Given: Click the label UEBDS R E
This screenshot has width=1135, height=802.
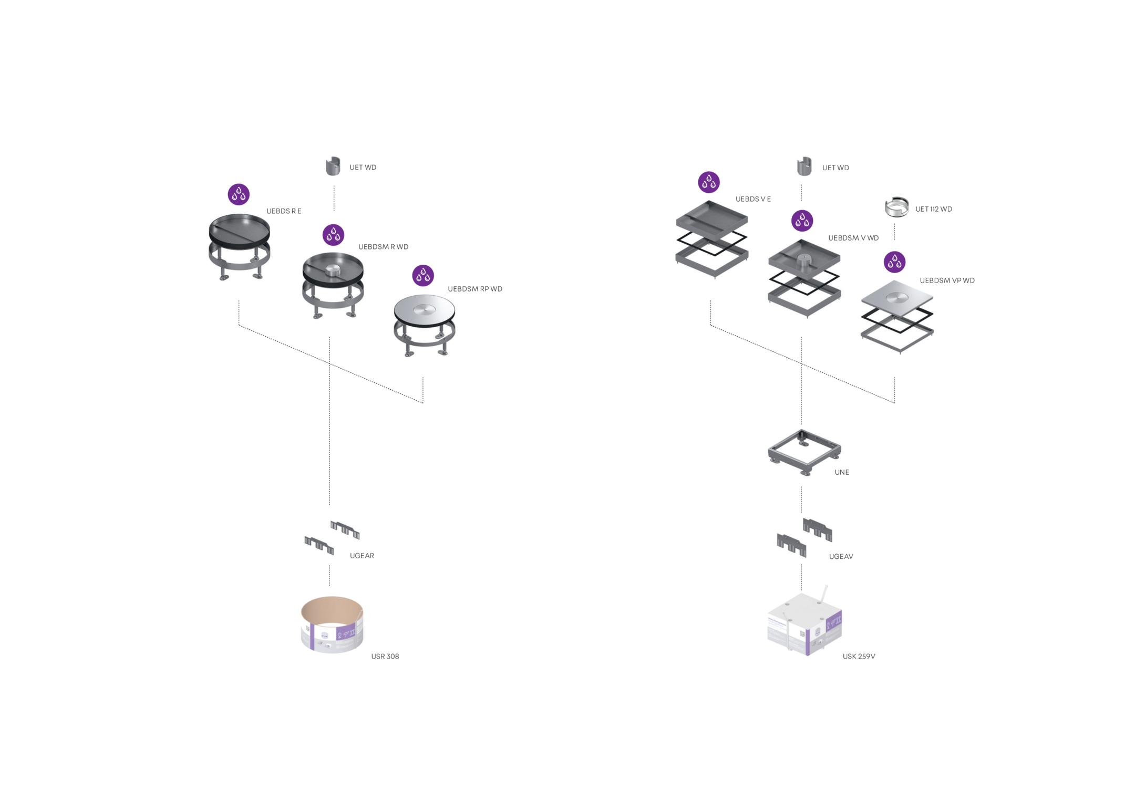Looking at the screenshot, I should tap(283, 211).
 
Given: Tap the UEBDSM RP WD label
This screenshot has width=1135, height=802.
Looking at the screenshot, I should tap(474, 289).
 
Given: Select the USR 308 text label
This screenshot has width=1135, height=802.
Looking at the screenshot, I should tap(385, 657).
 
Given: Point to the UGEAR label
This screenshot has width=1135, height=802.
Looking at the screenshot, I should tap(362, 556).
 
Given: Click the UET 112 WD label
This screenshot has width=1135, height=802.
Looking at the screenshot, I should tap(933, 209).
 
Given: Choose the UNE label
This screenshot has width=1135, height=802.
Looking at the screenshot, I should tap(841, 472).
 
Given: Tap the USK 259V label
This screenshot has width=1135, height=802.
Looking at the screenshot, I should tap(859, 657).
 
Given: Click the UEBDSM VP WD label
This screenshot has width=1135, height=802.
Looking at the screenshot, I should tap(946, 280).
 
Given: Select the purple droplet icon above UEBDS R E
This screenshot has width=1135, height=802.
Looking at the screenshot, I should tap(239, 194).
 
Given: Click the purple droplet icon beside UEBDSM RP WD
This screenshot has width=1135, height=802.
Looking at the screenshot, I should tap(423, 275).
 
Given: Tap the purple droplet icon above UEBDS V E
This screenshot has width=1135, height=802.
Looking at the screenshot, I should tap(708, 182).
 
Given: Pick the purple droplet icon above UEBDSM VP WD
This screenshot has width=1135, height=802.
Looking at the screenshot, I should tap(894, 262).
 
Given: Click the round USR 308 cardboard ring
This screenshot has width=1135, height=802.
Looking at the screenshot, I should tap(332, 625).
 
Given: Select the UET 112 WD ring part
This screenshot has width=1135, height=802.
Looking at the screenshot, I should tap(896, 207).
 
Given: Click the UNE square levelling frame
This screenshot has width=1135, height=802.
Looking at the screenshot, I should tap(804, 451).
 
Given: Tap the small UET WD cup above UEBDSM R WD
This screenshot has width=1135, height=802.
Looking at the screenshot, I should tap(333, 166).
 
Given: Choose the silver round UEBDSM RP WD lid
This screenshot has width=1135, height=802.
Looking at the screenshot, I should tap(425, 311).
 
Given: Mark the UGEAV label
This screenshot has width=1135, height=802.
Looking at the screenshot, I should tap(841, 557).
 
